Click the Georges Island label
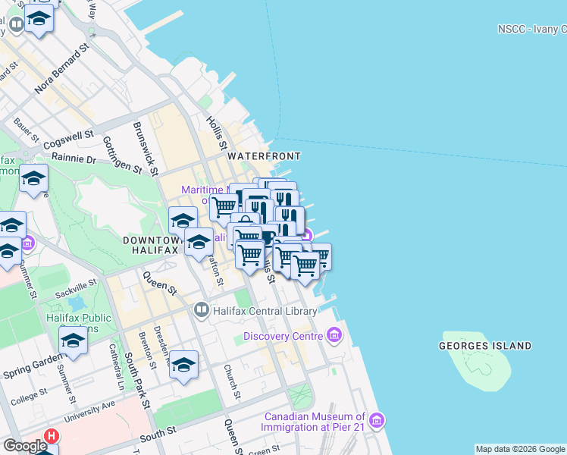tap(485, 346)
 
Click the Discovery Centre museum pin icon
tap(334, 335)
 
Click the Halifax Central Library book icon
tap(201, 309)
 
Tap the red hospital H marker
tap(52, 437)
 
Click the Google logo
tap(24, 446)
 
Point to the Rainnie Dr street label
tap(74, 160)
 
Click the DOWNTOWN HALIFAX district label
tap(149, 244)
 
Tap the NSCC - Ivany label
tap(531, 29)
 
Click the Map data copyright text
tap(519, 449)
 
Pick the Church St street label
tap(232, 383)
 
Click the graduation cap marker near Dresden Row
tap(183, 366)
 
